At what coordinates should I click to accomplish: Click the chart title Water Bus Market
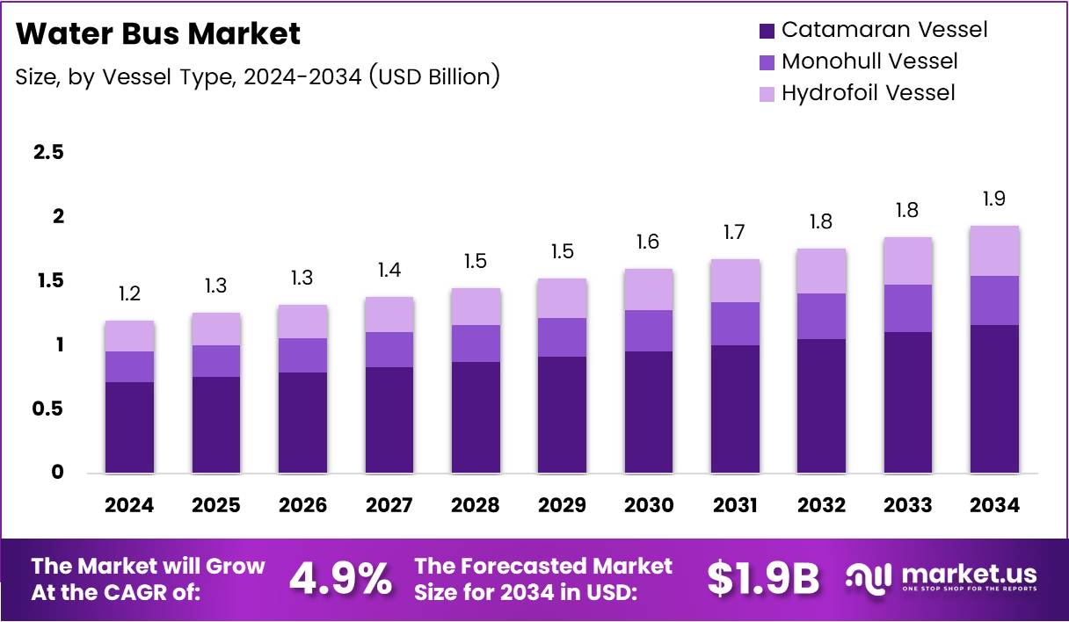pos(158,34)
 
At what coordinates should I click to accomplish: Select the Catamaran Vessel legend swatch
pos(767,31)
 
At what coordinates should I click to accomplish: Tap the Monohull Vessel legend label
pos(869,61)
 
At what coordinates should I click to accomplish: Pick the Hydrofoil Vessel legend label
pos(868,92)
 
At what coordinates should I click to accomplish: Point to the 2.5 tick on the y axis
pos(48,152)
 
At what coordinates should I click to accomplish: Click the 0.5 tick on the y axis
pos(48,409)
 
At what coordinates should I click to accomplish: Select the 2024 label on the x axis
pos(129,505)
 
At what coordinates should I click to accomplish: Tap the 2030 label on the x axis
pos(649,505)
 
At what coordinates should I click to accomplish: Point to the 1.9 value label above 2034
pos(994,199)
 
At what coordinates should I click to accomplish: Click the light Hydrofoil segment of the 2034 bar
pos(994,251)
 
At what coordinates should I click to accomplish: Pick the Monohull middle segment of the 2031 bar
pos(735,323)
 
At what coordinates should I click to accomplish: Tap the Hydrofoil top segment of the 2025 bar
pos(215,329)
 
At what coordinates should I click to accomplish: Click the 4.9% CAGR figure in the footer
pos(340,578)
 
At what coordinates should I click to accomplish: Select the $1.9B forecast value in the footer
pos(762,578)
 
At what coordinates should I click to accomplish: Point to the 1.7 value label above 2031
pos(735,233)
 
